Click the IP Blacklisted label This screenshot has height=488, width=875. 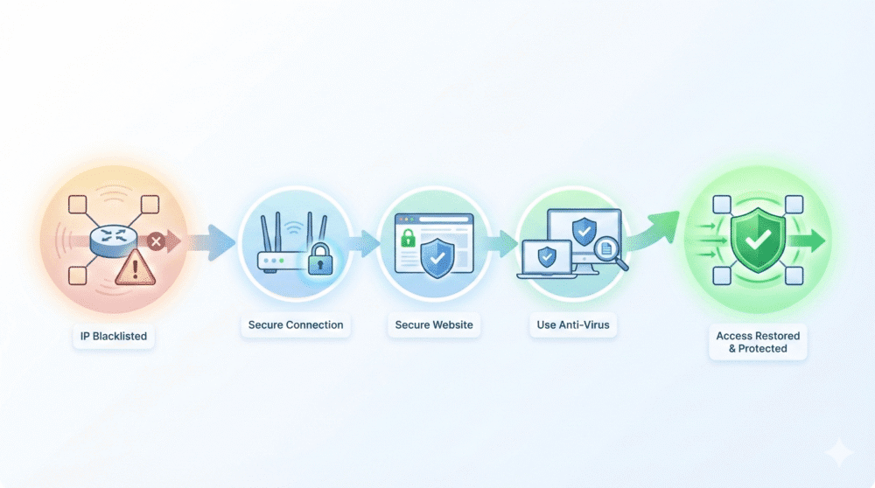click(x=113, y=337)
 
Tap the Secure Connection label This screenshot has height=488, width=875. click(x=296, y=325)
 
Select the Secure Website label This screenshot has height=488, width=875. click(x=434, y=325)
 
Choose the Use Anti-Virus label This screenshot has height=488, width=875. click(x=573, y=325)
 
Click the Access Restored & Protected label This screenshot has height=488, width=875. click(x=758, y=342)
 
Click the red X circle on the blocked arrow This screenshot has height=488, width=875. click(x=157, y=241)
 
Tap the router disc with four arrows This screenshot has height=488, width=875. click(x=113, y=241)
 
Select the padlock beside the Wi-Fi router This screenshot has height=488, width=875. click(x=319, y=258)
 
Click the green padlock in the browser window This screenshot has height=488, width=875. click(x=408, y=238)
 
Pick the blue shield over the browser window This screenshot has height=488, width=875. click(x=437, y=258)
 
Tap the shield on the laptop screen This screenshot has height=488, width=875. click(x=546, y=256)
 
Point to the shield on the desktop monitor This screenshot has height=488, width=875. click(x=584, y=231)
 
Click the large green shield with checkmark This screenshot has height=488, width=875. click(x=758, y=240)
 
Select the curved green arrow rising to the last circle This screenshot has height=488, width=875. click(x=654, y=232)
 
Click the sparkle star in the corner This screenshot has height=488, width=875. click(x=839, y=452)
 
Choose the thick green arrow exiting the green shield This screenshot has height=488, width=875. click(x=807, y=241)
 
